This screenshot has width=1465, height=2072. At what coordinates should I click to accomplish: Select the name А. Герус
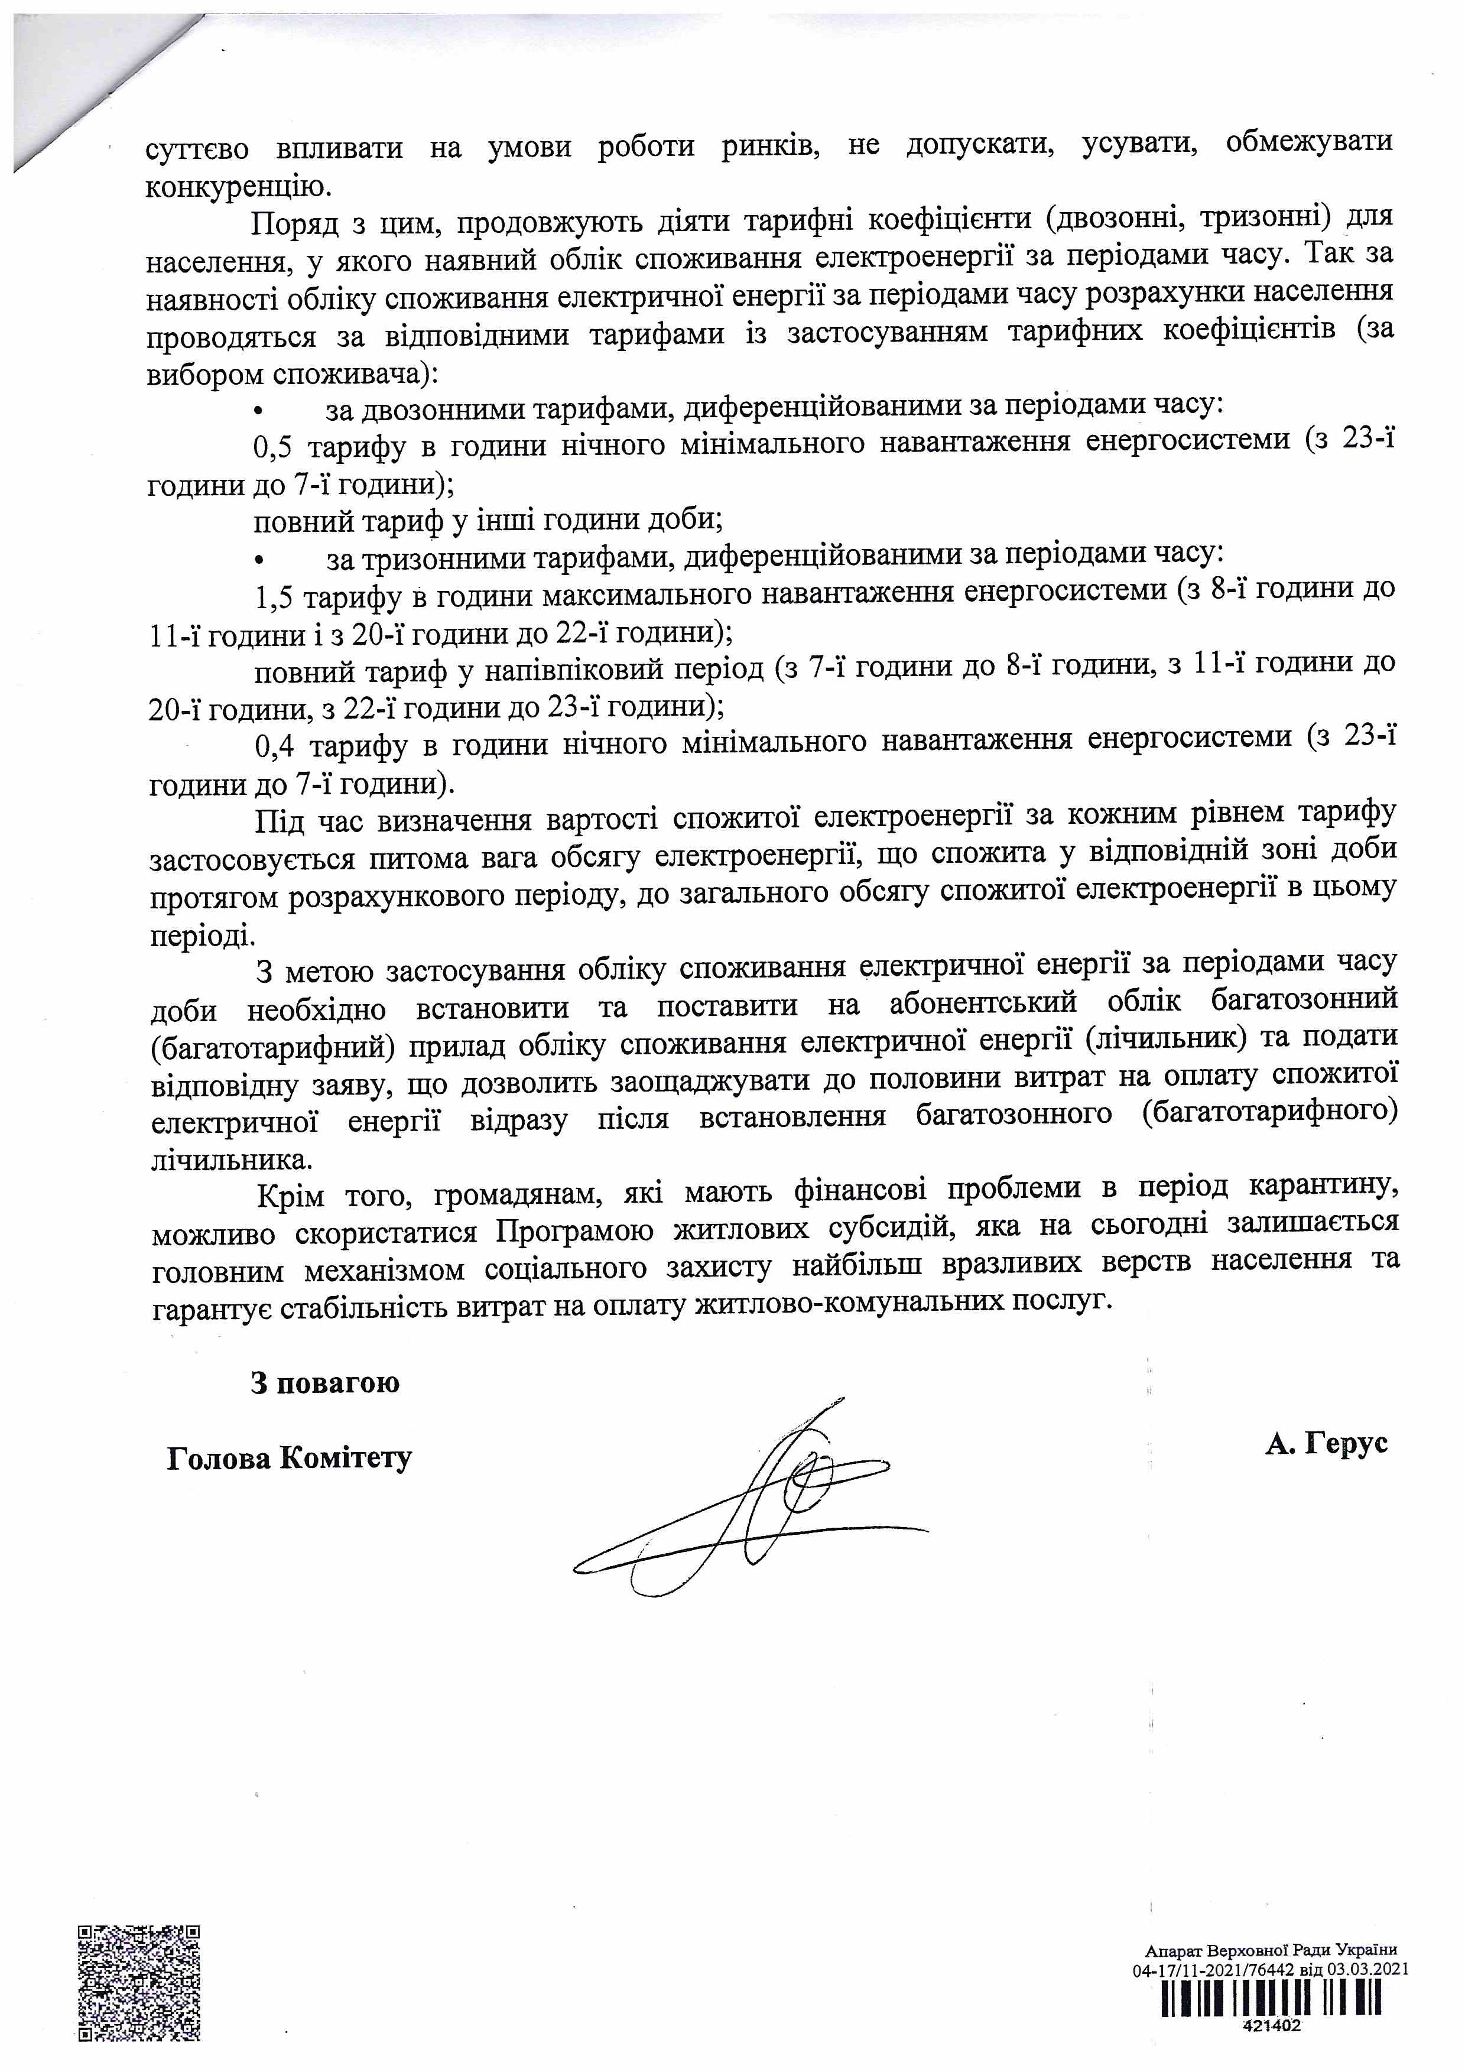(x=1325, y=1443)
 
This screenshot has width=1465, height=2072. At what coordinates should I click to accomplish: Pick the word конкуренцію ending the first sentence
(x=236, y=186)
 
